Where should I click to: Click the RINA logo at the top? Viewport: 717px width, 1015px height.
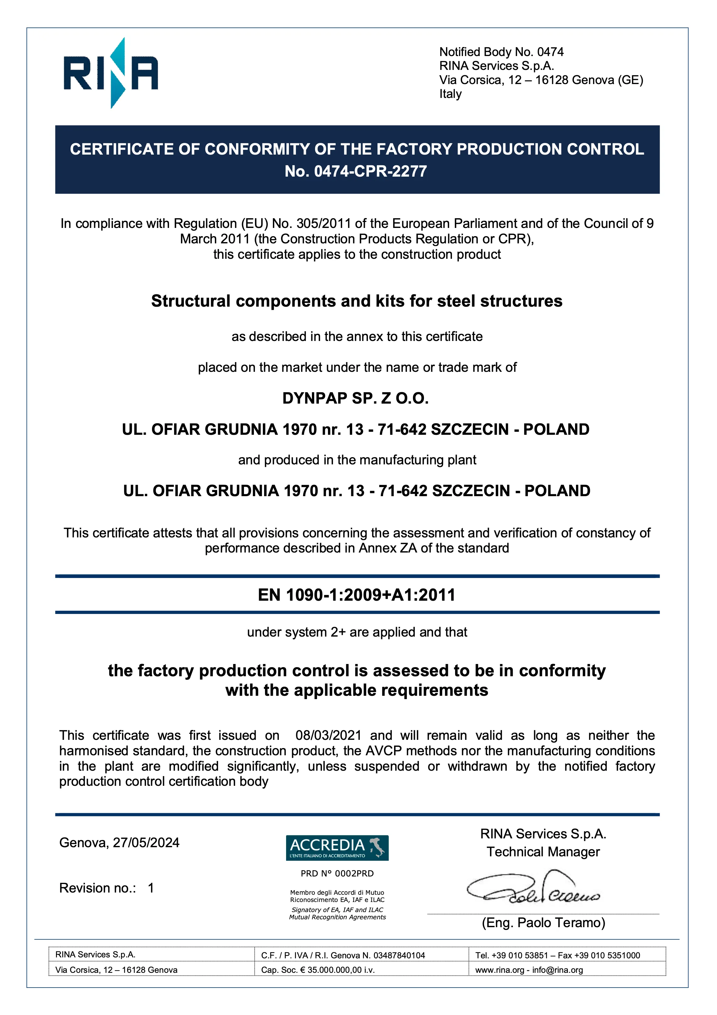(110, 73)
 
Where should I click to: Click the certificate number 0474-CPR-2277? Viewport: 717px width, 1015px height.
(370, 171)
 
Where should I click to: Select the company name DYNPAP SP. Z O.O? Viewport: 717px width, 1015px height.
(355, 398)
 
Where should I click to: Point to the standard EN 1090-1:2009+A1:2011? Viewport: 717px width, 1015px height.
(356, 595)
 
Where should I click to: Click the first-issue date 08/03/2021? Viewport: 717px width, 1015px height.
(328, 735)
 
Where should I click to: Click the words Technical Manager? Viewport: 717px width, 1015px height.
(543, 852)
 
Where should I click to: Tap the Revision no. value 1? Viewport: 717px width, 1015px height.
(151, 888)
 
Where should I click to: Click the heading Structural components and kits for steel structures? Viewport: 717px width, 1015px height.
(357, 301)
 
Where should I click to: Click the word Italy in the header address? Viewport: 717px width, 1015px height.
(450, 94)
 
